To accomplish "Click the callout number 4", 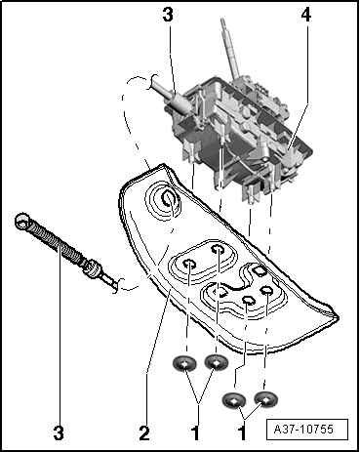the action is pyautogui.click(x=305, y=16).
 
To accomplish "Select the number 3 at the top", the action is pyautogui.click(x=168, y=15).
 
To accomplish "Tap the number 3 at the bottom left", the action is pyautogui.click(x=59, y=433).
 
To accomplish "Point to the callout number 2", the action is pyautogui.click(x=144, y=433).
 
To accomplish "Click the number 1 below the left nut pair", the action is pyautogui.click(x=195, y=433).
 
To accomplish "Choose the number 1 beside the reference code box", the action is pyautogui.click(x=242, y=433).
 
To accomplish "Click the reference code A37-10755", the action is pyautogui.click(x=303, y=429).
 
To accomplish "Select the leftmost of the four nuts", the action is pyautogui.click(x=184, y=364).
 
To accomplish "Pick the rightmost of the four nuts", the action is pyautogui.click(x=266, y=398).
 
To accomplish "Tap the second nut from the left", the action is pyautogui.click(x=217, y=361).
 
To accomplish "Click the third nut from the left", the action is pyautogui.click(x=234, y=400).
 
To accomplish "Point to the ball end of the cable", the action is pyautogui.click(x=22, y=221).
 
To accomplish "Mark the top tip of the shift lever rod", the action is pyautogui.click(x=222, y=21).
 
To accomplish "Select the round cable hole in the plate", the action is pyautogui.click(x=170, y=198).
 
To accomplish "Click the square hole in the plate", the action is pyautogui.click(x=260, y=270).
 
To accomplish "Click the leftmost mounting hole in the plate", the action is pyautogui.click(x=189, y=265).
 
